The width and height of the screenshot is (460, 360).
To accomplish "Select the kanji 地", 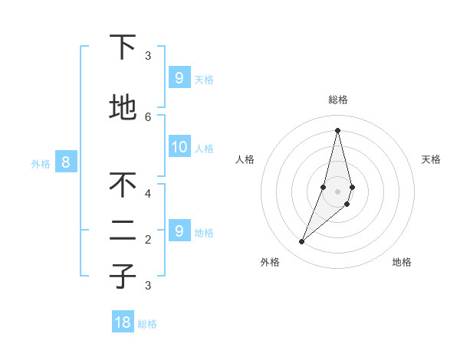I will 123,108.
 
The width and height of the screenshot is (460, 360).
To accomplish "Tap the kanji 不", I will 123,185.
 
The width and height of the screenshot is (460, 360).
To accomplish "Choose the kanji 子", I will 123,277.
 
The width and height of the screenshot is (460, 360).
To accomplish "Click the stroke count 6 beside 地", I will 148,116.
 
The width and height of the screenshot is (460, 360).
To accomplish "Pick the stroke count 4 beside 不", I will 148,193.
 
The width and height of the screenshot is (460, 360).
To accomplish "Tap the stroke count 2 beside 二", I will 148,239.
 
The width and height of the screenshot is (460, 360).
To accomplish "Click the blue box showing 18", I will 123,322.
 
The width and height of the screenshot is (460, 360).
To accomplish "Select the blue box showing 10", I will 179,147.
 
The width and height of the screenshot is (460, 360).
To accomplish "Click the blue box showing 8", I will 66,162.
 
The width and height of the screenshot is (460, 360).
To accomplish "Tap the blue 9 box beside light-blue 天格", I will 179,77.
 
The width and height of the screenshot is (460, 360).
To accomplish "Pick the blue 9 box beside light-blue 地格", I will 179,230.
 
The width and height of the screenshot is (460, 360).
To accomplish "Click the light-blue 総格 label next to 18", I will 147,324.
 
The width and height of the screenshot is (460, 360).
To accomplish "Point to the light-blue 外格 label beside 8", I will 41,163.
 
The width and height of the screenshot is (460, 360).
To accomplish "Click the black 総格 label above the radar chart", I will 338,100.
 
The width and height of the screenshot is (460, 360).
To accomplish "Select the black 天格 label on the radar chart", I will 432,159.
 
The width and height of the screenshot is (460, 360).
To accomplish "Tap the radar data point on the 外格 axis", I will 302,242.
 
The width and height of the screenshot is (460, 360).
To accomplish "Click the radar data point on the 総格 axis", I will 337,130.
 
